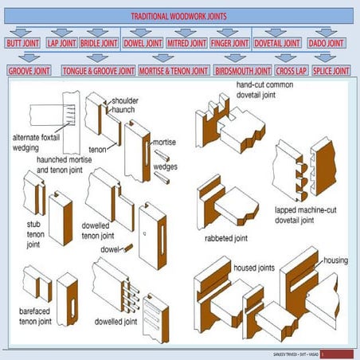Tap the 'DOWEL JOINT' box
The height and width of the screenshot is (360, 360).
tap(143, 43)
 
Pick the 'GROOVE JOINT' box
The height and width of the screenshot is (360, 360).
tap(29, 71)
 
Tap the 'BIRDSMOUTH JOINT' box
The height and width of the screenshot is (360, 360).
tap(242, 71)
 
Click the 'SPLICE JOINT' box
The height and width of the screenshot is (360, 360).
tap(330, 71)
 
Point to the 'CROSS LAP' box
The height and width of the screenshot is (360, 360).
tap(291, 71)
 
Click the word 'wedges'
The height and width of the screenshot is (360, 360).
tap(165, 167)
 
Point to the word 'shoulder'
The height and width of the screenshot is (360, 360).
tap(124, 102)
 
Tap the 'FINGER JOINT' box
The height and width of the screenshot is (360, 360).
tap(230, 43)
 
